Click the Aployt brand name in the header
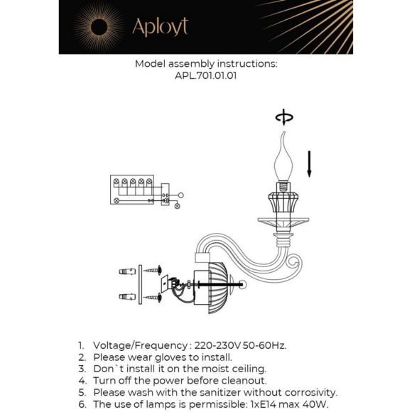point(160,26)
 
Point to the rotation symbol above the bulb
point(284,118)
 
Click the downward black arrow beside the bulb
point(309,163)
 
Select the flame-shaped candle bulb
point(284,160)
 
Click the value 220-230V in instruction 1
point(220,345)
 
